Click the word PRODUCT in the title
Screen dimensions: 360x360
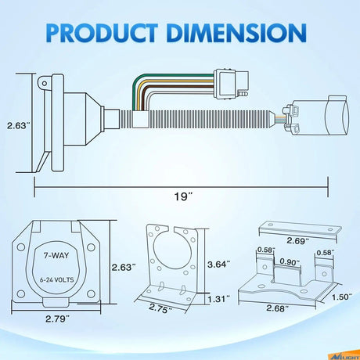tap(102, 33)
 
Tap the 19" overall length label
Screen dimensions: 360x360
tap(183, 196)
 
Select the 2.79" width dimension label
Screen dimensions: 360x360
tap(57, 319)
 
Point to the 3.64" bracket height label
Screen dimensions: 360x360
tap(219, 265)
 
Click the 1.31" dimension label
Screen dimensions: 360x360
tap(219, 299)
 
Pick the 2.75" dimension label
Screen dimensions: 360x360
tap(160, 308)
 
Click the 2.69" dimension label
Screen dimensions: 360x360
tap(298, 240)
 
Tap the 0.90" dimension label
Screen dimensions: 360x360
tap(290, 261)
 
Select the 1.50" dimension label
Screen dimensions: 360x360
tap(342, 297)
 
